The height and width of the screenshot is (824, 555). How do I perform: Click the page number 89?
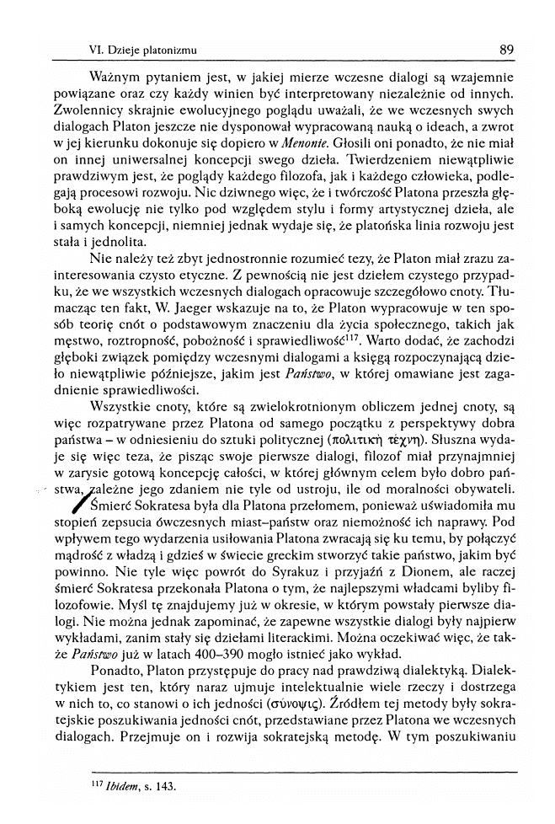point(506,50)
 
